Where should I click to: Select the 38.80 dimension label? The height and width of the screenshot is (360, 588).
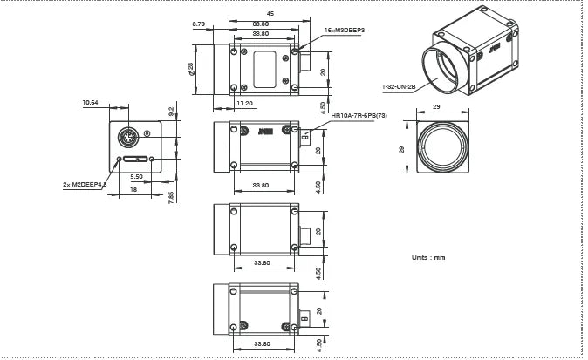coord(260,23)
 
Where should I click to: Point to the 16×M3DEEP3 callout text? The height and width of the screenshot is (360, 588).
coord(344,30)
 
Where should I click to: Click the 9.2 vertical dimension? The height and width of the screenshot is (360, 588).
coord(171,111)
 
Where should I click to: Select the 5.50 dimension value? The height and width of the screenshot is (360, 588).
coord(136,176)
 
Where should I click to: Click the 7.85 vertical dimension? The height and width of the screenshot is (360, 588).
coord(172,194)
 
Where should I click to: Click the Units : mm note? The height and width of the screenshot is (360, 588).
coord(427,257)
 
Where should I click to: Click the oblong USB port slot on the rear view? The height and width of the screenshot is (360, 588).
coord(135,160)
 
